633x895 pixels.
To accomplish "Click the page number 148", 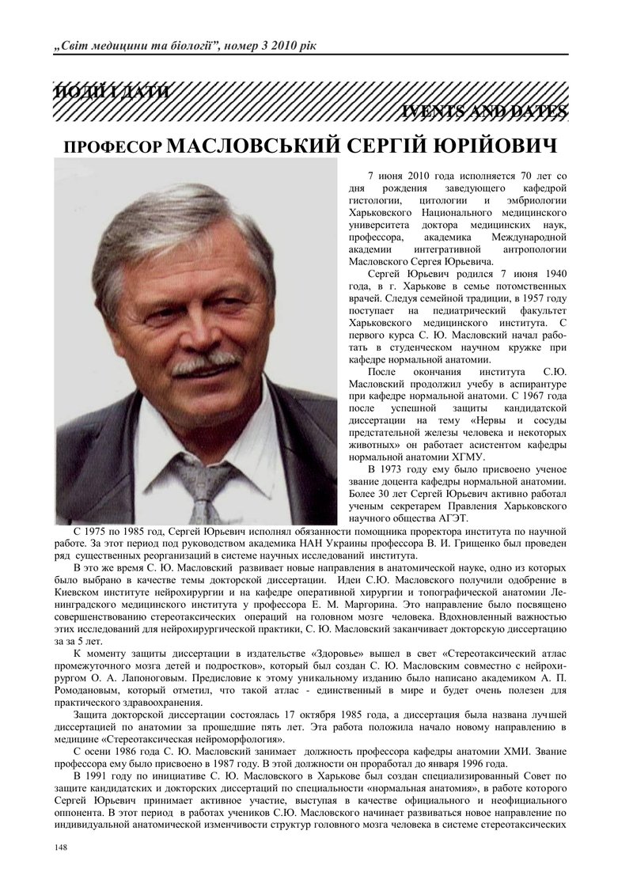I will tap(60, 848).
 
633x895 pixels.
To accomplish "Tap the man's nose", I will tap(205, 332).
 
